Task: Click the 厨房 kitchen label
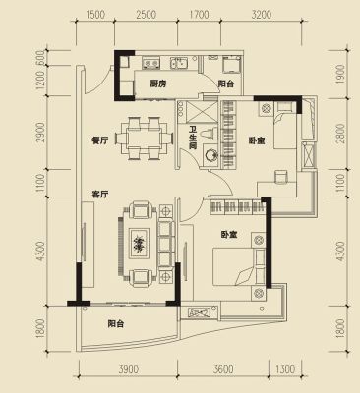[x=158, y=84]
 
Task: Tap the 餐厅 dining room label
[x=100, y=140]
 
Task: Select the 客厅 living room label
[x=100, y=195]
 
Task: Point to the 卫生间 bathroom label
[x=193, y=139]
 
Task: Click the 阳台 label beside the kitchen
[x=226, y=84]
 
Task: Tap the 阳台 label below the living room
[x=116, y=324]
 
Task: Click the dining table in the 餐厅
[x=145, y=139]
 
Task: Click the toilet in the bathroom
[x=210, y=134]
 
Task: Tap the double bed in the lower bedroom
[x=239, y=266]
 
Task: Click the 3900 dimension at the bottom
[x=129, y=369]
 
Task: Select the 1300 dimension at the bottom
[x=285, y=369]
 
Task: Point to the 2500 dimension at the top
[x=147, y=15]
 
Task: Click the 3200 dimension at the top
[x=262, y=15]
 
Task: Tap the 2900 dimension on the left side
[x=40, y=133]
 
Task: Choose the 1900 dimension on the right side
[x=341, y=75]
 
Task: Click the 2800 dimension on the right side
[x=341, y=134]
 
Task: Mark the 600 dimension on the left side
[x=40, y=58]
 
